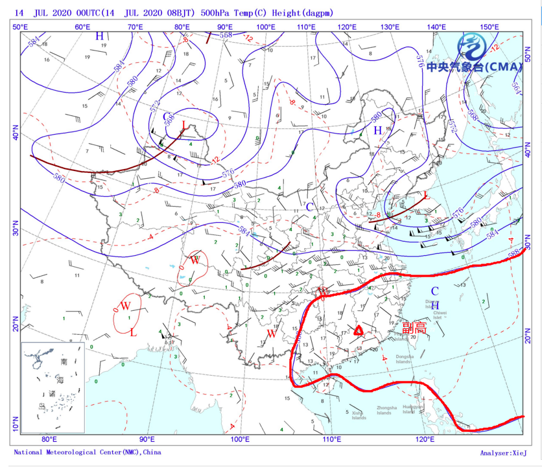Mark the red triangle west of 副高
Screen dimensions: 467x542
358,330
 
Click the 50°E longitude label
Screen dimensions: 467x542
19,27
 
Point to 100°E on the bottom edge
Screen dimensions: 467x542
240,440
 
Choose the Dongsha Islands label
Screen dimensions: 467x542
404,359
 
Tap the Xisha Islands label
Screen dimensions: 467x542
359,415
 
